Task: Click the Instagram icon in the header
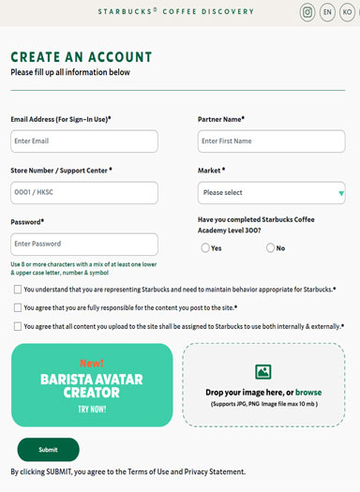pos(307,12)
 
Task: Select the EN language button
pos(327,12)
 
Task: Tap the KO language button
pos(347,12)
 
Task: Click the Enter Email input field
pos(84,142)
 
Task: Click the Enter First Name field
pos(271,142)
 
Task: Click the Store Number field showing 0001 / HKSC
pos(84,193)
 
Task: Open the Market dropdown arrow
pos(340,194)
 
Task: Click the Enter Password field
pos(84,245)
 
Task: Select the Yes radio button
pos(205,248)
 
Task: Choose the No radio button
pos(271,248)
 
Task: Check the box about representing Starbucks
pos(17,291)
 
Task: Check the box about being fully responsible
pos(17,308)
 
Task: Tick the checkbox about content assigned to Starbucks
pos(17,327)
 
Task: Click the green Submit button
pos(48,450)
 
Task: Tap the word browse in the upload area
pos(308,393)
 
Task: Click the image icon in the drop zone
pos(262,372)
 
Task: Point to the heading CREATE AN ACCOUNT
pos(81,58)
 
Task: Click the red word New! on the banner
pos(92,363)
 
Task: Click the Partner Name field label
pos(221,120)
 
